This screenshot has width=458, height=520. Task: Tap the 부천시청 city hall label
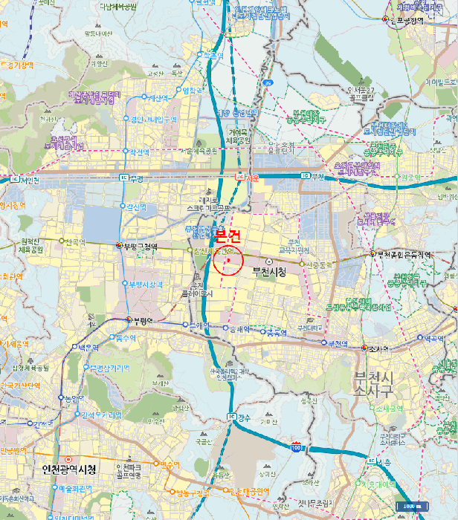[268, 272]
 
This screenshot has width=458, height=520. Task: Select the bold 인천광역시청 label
[65, 470]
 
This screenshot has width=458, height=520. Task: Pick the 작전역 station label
[139, 151]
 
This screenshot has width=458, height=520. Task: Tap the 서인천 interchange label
[28, 180]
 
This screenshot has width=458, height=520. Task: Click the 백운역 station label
[88, 348]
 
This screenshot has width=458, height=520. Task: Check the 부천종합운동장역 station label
[406, 255]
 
